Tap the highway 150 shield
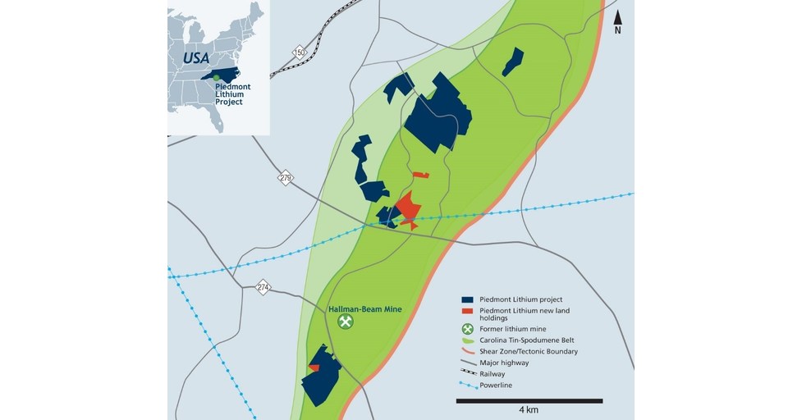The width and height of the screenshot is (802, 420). [300, 53]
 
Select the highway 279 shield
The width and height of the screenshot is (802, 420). [285, 178]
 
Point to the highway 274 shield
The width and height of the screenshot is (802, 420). [263, 287]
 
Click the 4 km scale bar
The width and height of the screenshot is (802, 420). [529, 400]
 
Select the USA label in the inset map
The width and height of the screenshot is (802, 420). [196, 57]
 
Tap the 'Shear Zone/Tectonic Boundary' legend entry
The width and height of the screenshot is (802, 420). [534, 352]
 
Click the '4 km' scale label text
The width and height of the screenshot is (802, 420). [529, 410]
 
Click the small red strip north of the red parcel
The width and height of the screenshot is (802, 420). [421, 175]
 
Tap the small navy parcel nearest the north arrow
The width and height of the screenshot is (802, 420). [513, 62]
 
